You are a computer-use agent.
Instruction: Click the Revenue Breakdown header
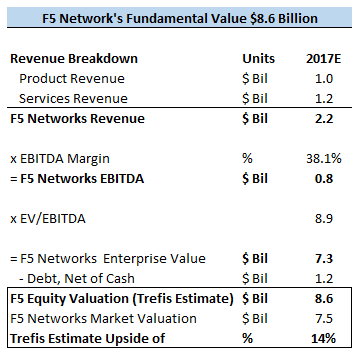[x=73, y=58]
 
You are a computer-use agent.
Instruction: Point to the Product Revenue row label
[x=71, y=78]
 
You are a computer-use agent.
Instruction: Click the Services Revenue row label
[x=72, y=98]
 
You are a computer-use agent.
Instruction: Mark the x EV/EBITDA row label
[x=48, y=218]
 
